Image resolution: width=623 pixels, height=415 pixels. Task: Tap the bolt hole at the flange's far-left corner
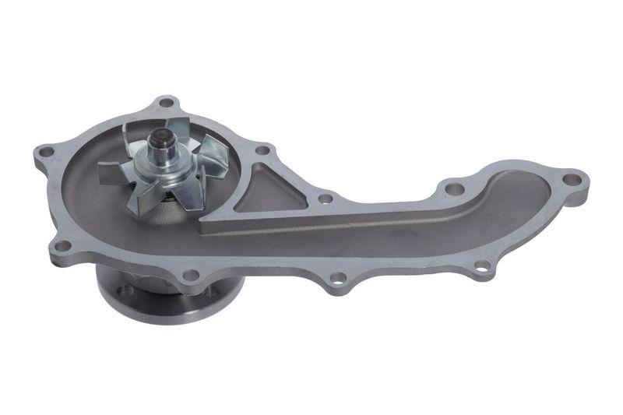(x=46, y=151)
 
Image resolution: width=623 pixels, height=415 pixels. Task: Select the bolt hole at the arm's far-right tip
(x=572, y=180)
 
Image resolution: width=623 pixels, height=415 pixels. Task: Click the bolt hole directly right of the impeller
(x=262, y=149)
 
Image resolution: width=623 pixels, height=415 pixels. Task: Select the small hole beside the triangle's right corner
(x=326, y=199)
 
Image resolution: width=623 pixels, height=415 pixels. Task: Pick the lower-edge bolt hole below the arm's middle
(x=337, y=276)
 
